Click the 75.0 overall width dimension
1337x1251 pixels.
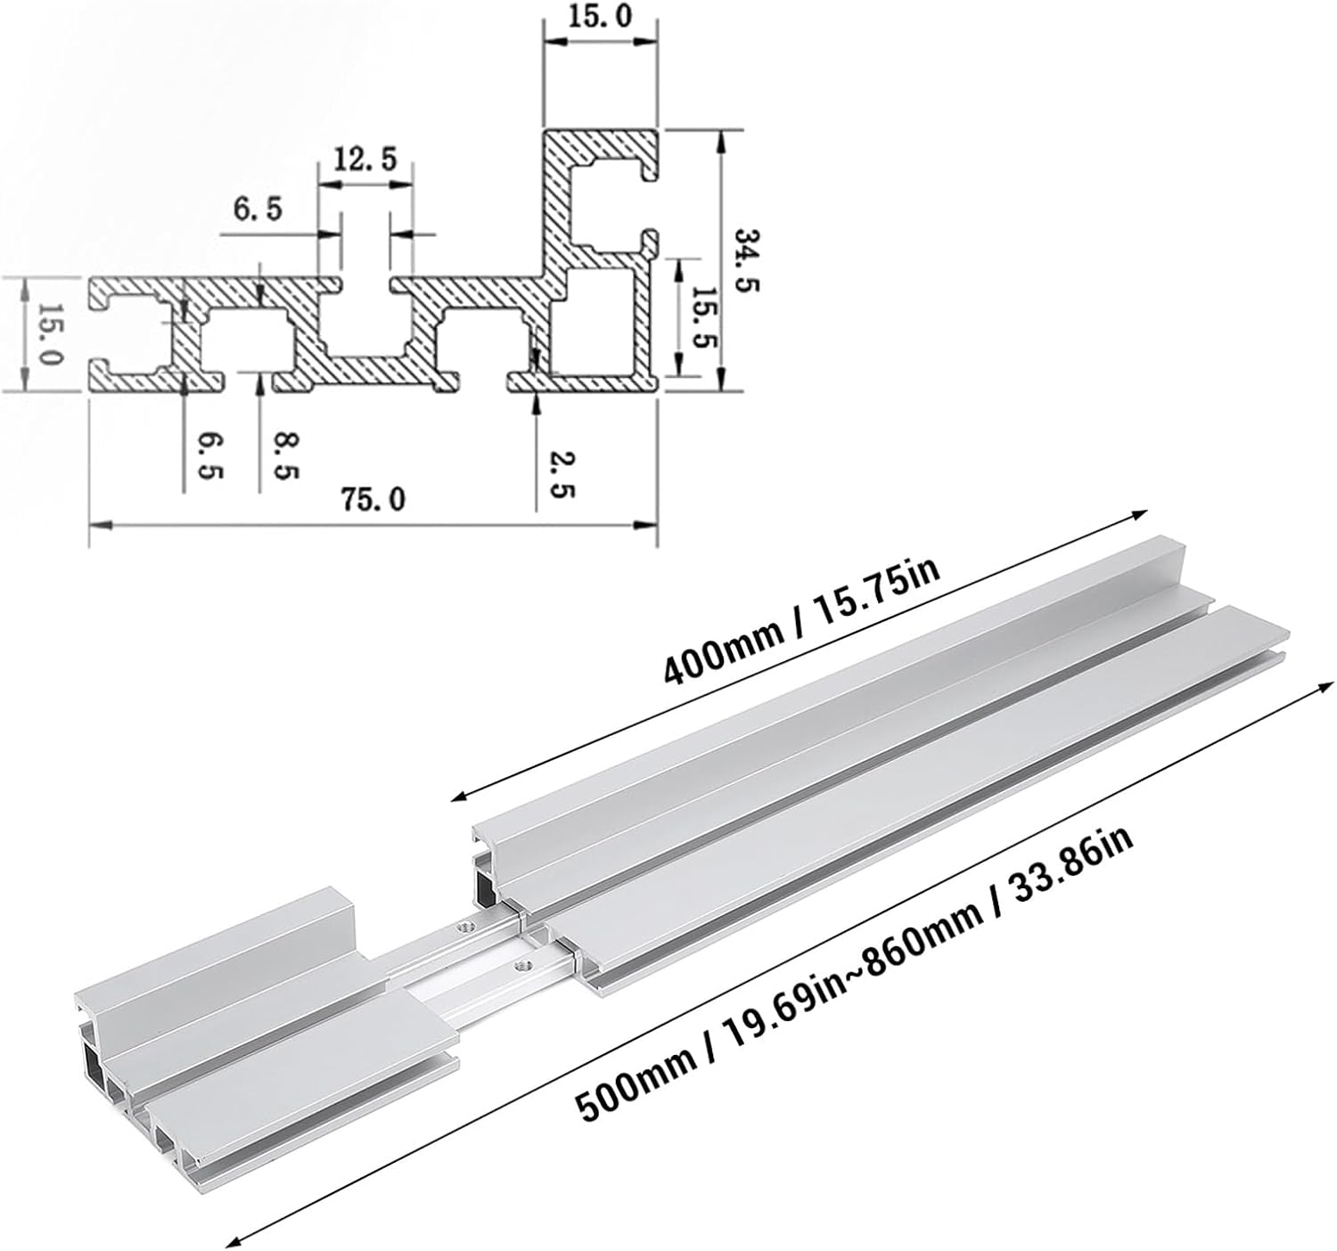(x=372, y=500)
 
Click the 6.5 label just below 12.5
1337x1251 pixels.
(x=257, y=210)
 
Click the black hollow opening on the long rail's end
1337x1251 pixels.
(x=486, y=882)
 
